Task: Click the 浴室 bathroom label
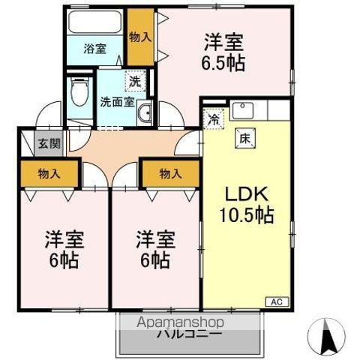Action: pos(95,48)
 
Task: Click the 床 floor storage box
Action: pos(244,137)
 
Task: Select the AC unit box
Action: pos(275,301)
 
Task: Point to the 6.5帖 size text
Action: pos(224,63)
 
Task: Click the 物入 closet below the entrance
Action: pos(49,173)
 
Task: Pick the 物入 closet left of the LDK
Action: pos(170,173)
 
